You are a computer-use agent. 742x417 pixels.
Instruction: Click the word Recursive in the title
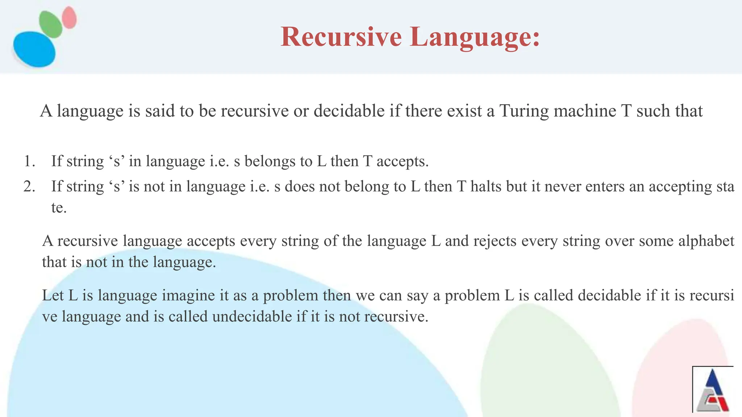(x=341, y=37)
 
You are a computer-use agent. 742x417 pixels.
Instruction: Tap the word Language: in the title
(x=475, y=37)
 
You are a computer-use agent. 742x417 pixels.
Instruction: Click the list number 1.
(x=29, y=161)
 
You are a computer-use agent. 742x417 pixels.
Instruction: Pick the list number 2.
(x=29, y=187)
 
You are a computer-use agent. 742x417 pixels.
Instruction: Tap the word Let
(x=53, y=296)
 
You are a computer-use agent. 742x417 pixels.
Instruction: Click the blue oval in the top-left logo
(x=34, y=49)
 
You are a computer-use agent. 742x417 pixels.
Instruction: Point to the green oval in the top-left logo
(x=50, y=24)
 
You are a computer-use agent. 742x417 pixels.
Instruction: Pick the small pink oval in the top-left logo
(x=69, y=17)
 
